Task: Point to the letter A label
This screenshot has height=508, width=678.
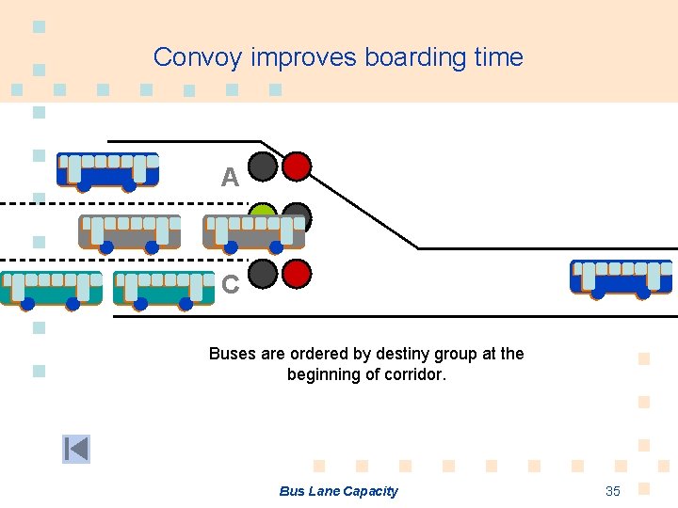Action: pyautogui.click(x=230, y=177)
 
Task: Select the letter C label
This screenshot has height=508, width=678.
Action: pyautogui.click(x=230, y=284)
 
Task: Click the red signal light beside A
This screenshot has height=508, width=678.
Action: pyautogui.click(x=297, y=167)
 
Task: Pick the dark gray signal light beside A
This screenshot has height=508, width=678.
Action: pyautogui.click(x=263, y=167)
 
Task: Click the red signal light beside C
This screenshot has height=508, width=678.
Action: pyautogui.click(x=297, y=274)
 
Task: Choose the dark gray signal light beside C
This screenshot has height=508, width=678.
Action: pyautogui.click(x=263, y=274)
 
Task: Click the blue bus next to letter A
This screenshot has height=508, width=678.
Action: pyautogui.click(x=107, y=170)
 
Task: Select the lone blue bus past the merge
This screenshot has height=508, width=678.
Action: pyautogui.click(x=621, y=278)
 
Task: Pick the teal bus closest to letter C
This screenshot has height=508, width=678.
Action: pyautogui.click(x=164, y=289)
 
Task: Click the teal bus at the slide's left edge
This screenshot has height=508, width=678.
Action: pyautogui.click(x=51, y=289)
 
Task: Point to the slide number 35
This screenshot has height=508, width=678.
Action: pyautogui.click(x=613, y=491)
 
